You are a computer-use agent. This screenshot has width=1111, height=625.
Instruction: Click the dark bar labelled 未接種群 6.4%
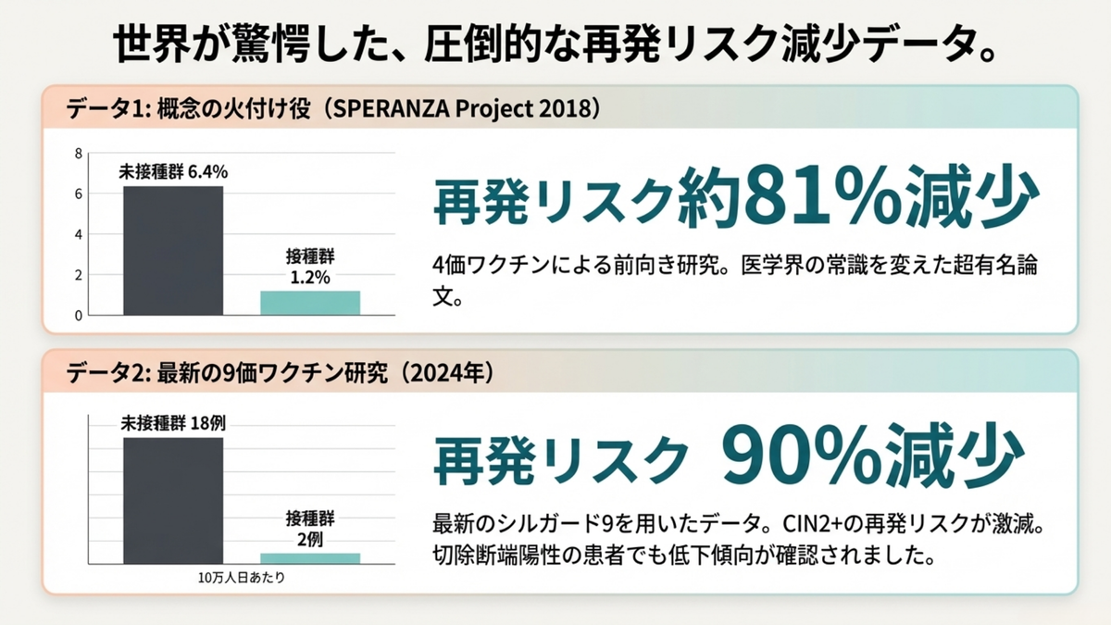pyautogui.click(x=173, y=250)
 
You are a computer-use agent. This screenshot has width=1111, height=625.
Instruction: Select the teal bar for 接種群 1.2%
pyautogui.click(x=309, y=303)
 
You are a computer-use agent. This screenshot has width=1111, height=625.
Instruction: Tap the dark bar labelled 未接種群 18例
pyautogui.click(x=173, y=500)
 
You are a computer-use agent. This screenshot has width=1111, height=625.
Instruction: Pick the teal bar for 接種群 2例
pyautogui.click(x=309, y=558)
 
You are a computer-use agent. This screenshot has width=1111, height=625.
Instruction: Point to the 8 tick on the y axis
pyautogui.click(x=79, y=153)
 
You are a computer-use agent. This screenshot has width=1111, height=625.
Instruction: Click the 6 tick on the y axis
pyautogui.click(x=79, y=194)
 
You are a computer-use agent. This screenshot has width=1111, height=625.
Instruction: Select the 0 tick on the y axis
pyautogui.click(x=79, y=316)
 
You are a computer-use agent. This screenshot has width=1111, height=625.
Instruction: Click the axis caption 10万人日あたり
pyautogui.click(x=241, y=578)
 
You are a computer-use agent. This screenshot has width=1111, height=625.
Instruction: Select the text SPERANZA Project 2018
pyautogui.click(x=463, y=108)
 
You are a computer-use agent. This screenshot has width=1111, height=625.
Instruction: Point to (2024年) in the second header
pyautogui.click(x=443, y=374)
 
